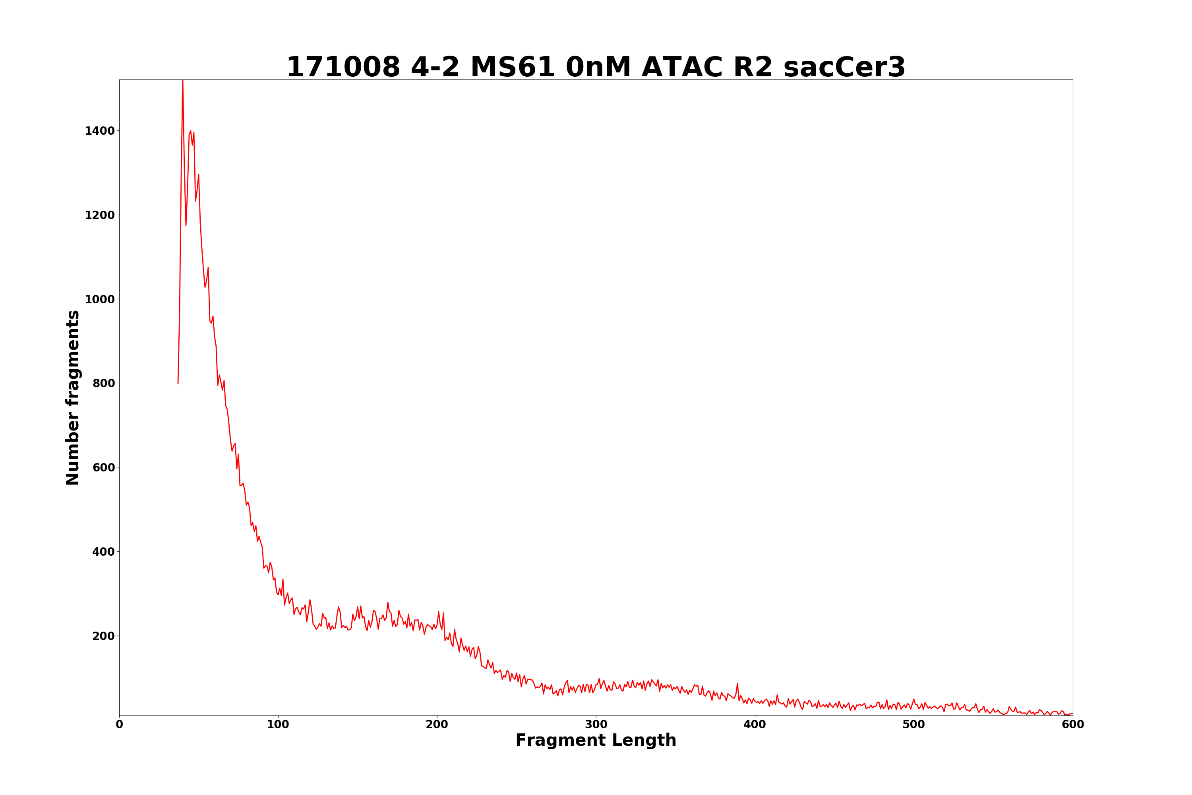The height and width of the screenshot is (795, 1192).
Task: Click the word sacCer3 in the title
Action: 844,68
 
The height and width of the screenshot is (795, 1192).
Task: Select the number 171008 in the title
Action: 343,68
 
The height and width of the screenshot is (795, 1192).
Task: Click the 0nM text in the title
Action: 598,68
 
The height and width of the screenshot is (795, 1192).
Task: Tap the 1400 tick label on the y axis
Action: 99,131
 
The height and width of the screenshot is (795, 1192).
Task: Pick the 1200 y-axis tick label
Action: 99,215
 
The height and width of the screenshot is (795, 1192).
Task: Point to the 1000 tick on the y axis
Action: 99,299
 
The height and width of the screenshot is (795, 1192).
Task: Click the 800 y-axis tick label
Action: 103,383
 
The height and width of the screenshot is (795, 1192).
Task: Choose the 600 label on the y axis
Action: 103,467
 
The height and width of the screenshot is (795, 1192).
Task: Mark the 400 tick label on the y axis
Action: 103,552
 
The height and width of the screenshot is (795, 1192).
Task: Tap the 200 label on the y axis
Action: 103,636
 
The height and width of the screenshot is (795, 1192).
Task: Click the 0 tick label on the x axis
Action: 120,725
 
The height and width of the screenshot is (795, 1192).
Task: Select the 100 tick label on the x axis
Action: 278,725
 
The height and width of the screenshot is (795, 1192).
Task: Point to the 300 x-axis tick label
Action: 596,725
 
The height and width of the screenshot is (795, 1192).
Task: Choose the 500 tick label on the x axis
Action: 914,725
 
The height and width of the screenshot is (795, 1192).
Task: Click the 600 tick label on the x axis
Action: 1072,725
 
